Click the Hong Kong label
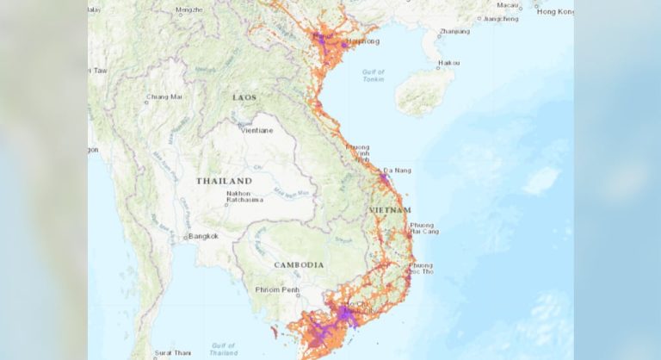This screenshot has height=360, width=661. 554,11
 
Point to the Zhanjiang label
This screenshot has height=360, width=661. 454,32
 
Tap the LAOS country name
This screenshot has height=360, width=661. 244,97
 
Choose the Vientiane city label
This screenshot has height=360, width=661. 257,130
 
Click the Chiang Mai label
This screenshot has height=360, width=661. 164,96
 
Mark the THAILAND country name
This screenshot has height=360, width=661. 224,181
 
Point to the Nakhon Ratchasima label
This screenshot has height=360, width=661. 239,197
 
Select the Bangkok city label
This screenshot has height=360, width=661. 203,235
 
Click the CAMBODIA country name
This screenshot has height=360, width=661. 298,264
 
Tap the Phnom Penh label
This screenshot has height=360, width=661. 275,289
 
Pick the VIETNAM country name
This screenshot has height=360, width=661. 390,210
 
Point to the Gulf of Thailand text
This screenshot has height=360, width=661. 223,348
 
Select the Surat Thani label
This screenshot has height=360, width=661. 172,353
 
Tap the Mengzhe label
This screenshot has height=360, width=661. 189,9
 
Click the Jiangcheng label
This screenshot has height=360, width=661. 502,18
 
